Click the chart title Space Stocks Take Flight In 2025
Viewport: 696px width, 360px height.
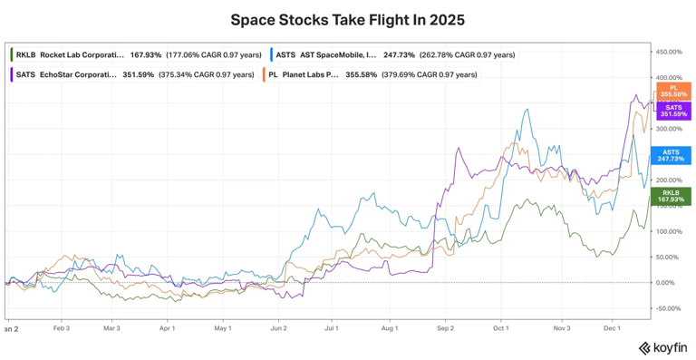coord(348,20)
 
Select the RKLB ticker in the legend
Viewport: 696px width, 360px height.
coord(26,55)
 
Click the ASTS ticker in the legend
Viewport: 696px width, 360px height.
coord(285,55)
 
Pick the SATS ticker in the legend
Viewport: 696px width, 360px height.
coord(25,74)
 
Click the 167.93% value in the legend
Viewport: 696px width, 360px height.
coord(146,55)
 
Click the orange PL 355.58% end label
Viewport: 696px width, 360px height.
coord(672,91)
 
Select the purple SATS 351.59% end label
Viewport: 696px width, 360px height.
coord(672,111)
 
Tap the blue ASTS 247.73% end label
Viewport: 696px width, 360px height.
coord(671,155)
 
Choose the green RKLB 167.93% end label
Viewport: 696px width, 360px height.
coord(671,196)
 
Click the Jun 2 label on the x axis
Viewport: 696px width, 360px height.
coord(278,328)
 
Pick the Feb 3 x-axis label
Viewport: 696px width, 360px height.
coord(61,328)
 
